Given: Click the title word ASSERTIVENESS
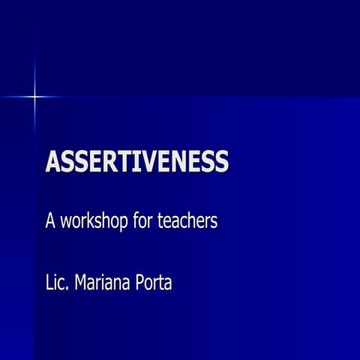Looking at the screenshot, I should (137, 161).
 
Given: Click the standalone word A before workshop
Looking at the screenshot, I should (51, 222).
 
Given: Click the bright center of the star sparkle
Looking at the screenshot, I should (34, 96).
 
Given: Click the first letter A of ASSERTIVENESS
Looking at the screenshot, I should (54, 161).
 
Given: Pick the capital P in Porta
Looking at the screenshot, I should (140, 285).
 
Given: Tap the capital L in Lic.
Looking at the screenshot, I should (49, 285).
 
